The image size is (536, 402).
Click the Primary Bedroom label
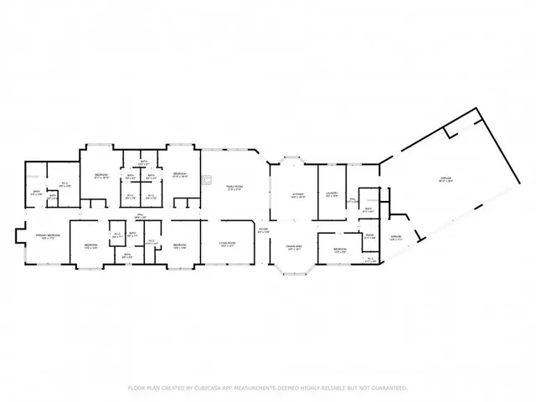tap(47, 236)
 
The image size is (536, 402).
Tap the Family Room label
tap(234, 188)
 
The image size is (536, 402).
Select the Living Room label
tap(228, 242)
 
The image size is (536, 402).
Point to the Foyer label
tap(262, 229)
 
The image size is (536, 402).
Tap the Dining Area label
tap(294, 247)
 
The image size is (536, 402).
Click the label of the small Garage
tap(395, 237)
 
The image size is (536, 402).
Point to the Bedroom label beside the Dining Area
tap(339, 250)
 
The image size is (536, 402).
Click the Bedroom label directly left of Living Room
tap(179, 246)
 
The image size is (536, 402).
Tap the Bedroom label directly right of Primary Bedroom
tap(90, 246)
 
